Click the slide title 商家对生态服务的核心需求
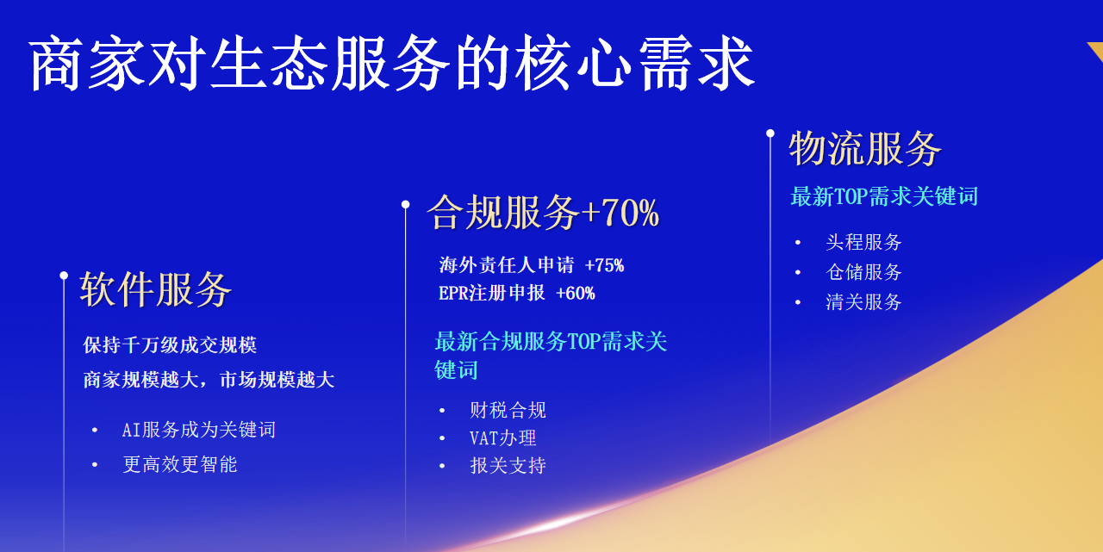pyautogui.click(x=392, y=65)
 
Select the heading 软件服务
pyautogui.click(x=156, y=289)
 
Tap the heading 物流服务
pyautogui.click(x=865, y=149)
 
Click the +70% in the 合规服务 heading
pyautogui.click(x=620, y=213)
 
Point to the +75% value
pyautogui.click(x=604, y=265)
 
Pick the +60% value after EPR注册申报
pyautogui.click(x=576, y=294)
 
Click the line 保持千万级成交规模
pyautogui.click(x=171, y=345)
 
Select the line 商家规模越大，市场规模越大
pyautogui.click(x=209, y=380)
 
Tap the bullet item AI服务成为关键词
pyautogui.click(x=199, y=430)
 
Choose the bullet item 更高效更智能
pyautogui.click(x=179, y=465)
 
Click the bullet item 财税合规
pyautogui.click(x=508, y=410)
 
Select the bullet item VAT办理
pyautogui.click(x=503, y=438)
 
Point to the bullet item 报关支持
pyautogui.click(x=508, y=466)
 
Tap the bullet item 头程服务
pyautogui.click(x=863, y=243)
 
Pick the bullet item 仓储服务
pyautogui.click(x=863, y=272)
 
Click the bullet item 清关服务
pyautogui.click(x=863, y=302)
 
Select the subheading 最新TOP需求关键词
pyautogui.click(x=884, y=196)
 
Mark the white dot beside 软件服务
pyautogui.click(x=64, y=276)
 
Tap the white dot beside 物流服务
pyautogui.click(x=770, y=133)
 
